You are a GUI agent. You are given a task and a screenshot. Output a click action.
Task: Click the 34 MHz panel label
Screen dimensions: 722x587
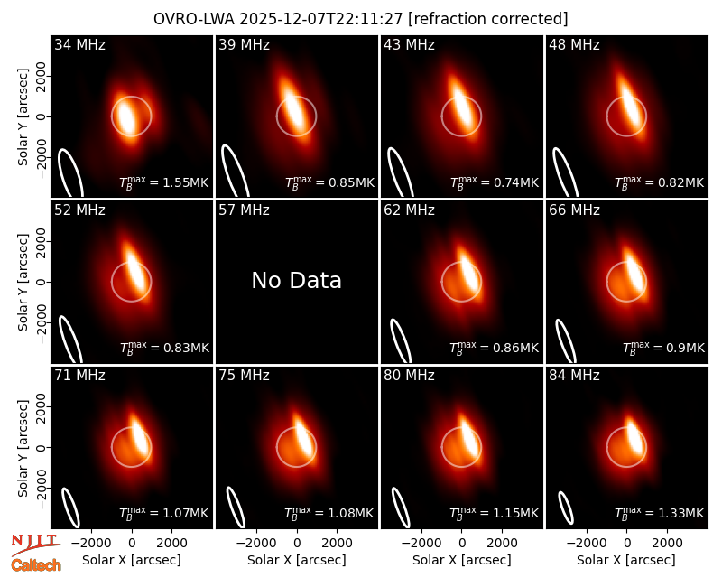pyautogui.click(x=79, y=44)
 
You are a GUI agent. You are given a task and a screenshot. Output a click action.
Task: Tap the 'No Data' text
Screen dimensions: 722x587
pyautogui.click(x=297, y=280)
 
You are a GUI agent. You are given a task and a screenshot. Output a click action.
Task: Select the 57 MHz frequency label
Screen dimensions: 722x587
pyautogui.click(x=244, y=210)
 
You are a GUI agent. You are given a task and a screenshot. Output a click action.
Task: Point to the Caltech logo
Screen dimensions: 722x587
pyautogui.click(x=36, y=565)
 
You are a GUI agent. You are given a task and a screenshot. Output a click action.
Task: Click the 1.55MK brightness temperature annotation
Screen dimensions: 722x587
pyautogui.click(x=164, y=182)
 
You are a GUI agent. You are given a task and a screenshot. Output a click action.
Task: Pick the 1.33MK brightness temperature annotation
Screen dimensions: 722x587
pyautogui.click(x=660, y=512)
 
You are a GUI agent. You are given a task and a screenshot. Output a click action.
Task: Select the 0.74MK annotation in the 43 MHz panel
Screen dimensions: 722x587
pyautogui.click(x=495, y=182)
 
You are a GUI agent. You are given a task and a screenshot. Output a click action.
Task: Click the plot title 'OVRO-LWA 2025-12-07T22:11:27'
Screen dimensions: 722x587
pyautogui.click(x=278, y=19)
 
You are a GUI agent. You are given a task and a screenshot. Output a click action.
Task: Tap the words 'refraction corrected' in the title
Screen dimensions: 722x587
pyautogui.click(x=488, y=19)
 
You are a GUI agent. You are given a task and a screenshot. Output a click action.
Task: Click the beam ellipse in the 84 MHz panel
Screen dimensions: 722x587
pyautogui.click(x=566, y=508)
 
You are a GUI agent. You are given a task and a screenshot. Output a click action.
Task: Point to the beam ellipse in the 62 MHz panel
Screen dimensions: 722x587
pyautogui.click(x=401, y=340)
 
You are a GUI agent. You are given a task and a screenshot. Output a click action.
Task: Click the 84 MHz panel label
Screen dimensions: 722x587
pyautogui.click(x=574, y=376)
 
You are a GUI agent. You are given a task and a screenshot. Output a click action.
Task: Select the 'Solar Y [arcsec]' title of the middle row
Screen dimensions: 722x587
pyautogui.click(x=23, y=282)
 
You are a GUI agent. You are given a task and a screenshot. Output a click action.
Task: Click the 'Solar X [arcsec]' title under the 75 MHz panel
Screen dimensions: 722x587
pyautogui.click(x=297, y=560)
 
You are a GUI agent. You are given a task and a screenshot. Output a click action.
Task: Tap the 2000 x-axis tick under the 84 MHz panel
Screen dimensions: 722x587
pyautogui.click(x=667, y=544)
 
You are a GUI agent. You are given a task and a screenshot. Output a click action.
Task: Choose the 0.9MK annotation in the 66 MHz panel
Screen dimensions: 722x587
pyautogui.click(x=663, y=348)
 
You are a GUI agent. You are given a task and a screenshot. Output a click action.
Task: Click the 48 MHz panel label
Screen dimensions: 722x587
pyautogui.click(x=574, y=44)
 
